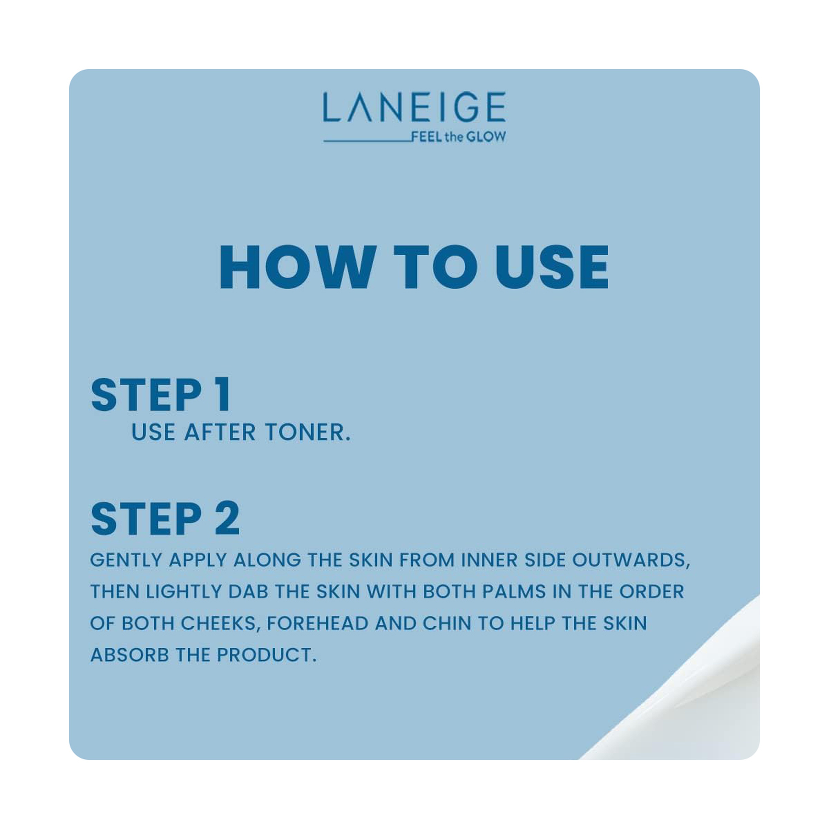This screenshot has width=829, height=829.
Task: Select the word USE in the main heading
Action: (x=552, y=267)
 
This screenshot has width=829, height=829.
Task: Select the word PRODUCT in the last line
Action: (x=266, y=655)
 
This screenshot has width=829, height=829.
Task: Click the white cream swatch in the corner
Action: (x=704, y=704)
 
